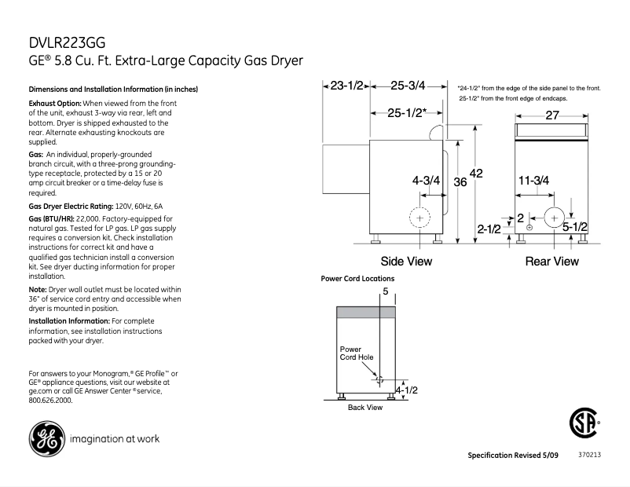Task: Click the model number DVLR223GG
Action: (x=67, y=43)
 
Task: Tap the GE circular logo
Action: (x=46, y=438)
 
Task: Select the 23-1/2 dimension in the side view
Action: (x=346, y=86)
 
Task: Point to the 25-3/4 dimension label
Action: (x=408, y=86)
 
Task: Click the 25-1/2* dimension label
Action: (x=407, y=113)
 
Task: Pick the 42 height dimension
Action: (x=475, y=173)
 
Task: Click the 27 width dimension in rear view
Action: (x=552, y=115)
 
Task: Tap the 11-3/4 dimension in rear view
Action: (x=533, y=180)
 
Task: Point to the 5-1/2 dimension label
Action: (x=575, y=226)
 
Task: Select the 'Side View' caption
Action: (x=406, y=262)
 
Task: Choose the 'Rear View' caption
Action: (x=551, y=262)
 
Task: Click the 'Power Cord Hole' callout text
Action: (x=356, y=353)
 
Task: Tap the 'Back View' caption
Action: (x=365, y=408)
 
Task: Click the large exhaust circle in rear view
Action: (x=555, y=217)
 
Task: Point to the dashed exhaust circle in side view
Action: (x=422, y=217)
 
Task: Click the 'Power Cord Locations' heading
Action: (x=357, y=279)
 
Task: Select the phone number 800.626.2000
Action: (x=50, y=400)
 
